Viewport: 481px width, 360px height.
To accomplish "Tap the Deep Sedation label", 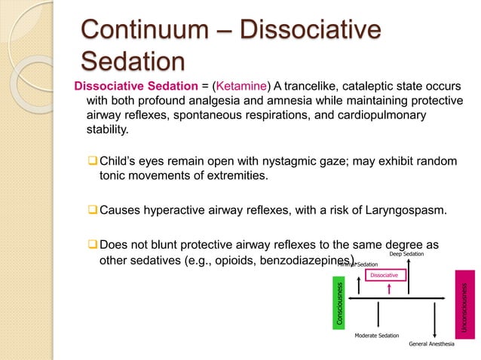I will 406,255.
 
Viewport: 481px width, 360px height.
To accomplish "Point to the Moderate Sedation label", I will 377,336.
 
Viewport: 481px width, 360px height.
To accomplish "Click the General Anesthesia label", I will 432,344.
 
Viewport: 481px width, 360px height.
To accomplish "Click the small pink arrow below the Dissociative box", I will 387,290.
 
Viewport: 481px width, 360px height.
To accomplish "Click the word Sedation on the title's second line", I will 133,61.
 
